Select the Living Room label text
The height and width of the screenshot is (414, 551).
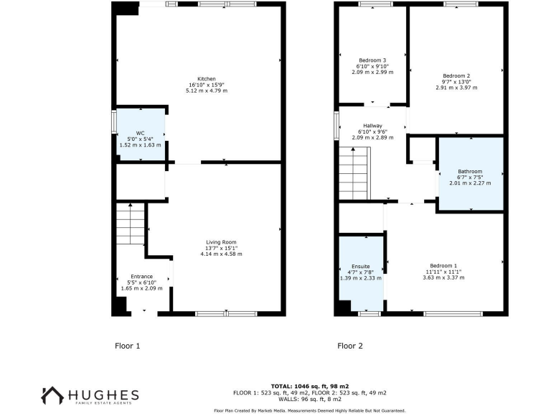221,242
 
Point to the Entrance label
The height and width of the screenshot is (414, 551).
141,276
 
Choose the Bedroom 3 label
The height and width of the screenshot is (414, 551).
373,60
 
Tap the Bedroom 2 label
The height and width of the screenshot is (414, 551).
456,75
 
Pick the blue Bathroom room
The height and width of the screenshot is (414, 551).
471,173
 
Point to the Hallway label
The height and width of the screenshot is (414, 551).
373,126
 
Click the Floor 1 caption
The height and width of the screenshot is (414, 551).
128,346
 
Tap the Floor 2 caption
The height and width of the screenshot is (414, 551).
350,346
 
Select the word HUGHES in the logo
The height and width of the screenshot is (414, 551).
103,395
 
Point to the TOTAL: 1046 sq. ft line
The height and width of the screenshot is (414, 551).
310,386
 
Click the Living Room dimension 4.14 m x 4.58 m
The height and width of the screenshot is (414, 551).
221,254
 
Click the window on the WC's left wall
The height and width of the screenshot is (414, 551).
113,120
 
